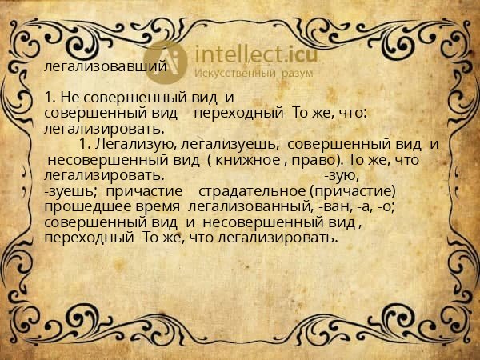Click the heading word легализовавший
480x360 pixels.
pyautogui.click(x=106, y=66)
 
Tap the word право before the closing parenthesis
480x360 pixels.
pyautogui.click(x=313, y=160)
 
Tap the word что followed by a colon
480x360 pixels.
pyautogui.click(x=350, y=114)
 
